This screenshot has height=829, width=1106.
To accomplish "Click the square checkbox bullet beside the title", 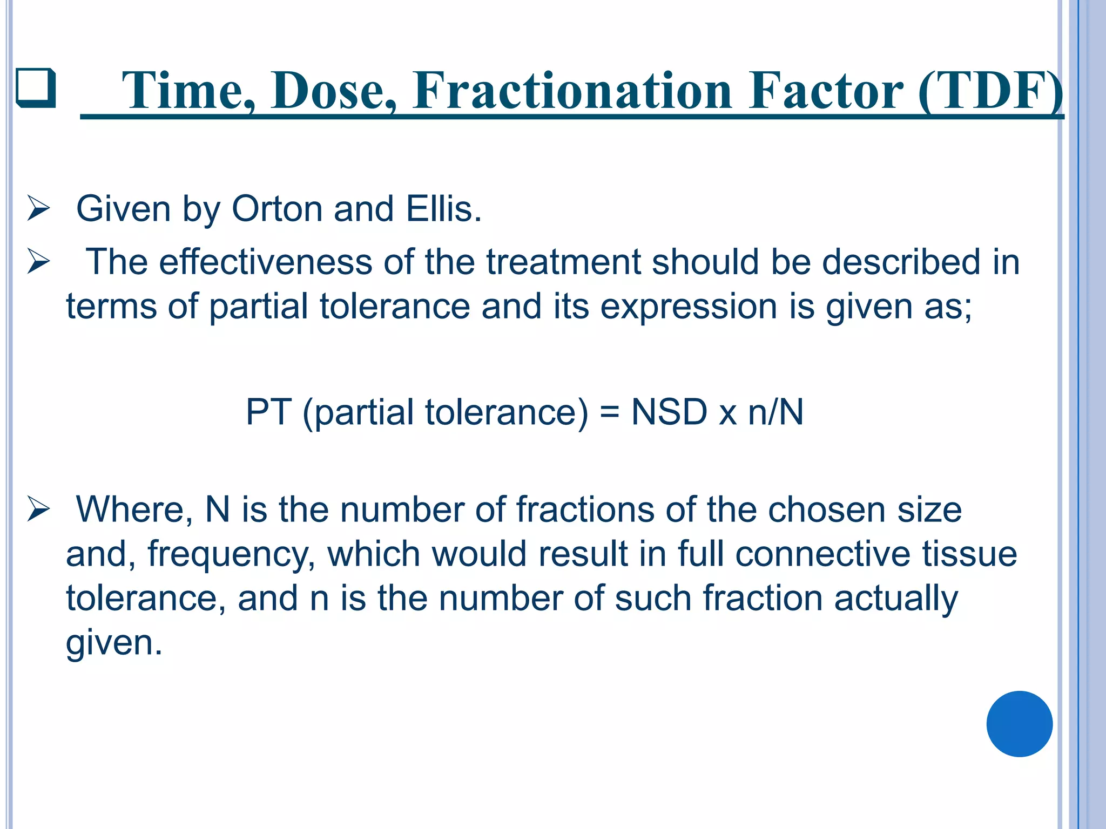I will coord(36,88).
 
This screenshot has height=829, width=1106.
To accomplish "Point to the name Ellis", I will coord(443,209).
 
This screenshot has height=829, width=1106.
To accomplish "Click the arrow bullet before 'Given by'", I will coord(38,209).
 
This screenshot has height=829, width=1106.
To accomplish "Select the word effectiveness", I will coord(266,262).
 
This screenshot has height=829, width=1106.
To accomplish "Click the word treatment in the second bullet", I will coord(563,262).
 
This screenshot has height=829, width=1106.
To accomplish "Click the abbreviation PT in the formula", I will coord(268,412).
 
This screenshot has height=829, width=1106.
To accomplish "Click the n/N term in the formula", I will coord(775,412).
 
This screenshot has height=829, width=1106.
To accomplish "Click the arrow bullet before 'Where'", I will coord(38,510).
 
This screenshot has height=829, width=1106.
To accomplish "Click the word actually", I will coord(896,599).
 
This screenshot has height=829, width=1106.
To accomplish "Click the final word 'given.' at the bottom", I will coord(114,643).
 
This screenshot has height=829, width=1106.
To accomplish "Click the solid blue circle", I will coord(1019,724).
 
